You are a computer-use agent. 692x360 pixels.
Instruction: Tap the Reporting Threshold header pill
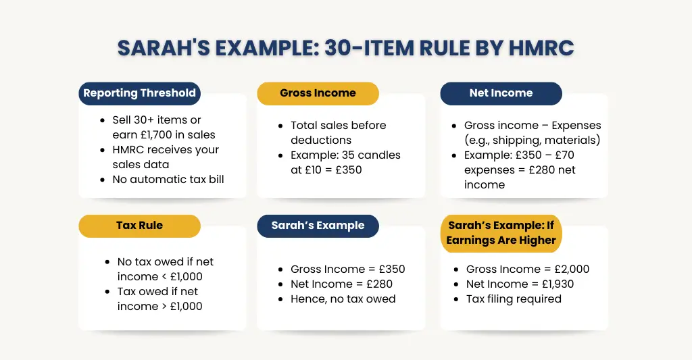point(139,93)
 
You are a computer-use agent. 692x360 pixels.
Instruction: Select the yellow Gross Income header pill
point(318,93)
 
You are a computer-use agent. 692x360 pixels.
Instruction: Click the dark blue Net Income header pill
point(501,93)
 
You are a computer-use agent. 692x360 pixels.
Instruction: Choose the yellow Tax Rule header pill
point(139,226)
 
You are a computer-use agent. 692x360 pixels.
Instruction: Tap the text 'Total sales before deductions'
point(338,132)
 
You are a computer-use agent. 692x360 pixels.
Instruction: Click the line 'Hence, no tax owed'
point(343,299)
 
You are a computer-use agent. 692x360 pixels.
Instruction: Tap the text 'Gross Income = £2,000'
point(527,269)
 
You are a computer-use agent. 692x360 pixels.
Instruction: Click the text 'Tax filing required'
point(514,299)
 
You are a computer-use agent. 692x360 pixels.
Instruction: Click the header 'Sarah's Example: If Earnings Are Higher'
point(501,233)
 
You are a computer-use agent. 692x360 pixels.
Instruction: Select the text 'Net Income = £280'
point(341,284)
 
